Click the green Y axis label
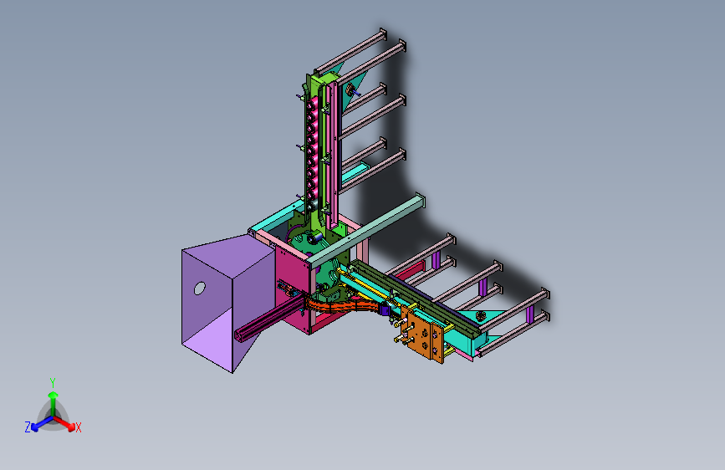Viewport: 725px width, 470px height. pos(53,383)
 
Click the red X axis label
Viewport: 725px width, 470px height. pos(78,428)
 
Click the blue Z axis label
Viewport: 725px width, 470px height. pos(28,427)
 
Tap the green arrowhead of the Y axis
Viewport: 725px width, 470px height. pos(54,395)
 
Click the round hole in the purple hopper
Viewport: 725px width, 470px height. pos(200,289)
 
